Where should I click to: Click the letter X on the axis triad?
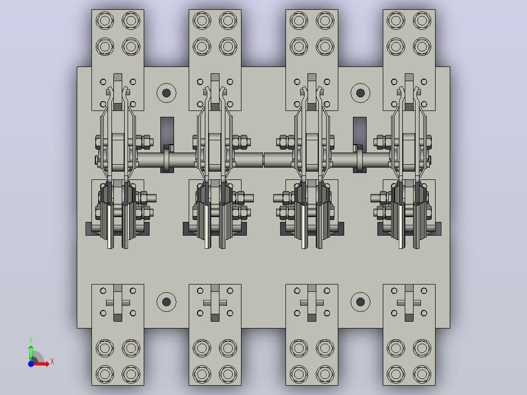coord(52,362)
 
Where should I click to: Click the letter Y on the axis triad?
coord(31,340)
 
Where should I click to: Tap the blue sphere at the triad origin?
coord(31,364)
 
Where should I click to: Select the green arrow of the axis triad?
coord(31,353)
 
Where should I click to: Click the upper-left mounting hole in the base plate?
coord(166,93)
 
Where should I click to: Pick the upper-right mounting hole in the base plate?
coord(360,93)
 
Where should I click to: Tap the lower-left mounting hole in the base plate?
coord(166,302)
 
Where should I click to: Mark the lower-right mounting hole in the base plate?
coord(360,302)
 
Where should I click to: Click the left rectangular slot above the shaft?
coord(167,131)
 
